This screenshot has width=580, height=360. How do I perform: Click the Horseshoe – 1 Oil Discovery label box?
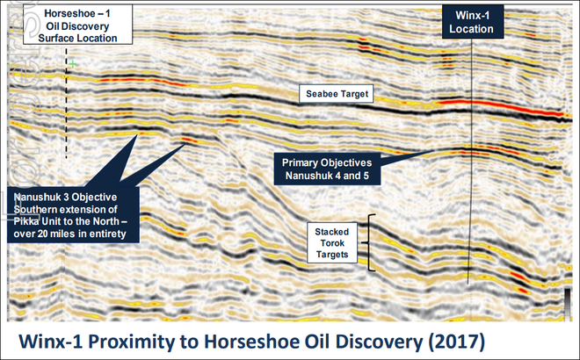pyautogui.click(x=77, y=25)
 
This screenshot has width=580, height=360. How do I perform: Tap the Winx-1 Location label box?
pyautogui.click(x=473, y=22)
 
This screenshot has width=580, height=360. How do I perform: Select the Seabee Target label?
pyautogui.click(x=337, y=94)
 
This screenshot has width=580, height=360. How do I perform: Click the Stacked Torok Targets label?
pyautogui.click(x=332, y=243)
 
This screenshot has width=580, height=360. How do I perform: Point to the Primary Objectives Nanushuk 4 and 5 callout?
pyautogui.click(x=327, y=169)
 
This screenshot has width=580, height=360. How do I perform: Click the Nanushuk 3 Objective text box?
pyautogui.click(x=73, y=215)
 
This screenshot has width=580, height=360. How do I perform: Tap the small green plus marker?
pyautogui.click(x=73, y=64)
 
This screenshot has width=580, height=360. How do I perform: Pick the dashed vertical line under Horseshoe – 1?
pyautogui.click(x=67, y=104)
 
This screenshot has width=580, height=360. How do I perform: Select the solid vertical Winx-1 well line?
pyautogui.click(x=470, y=162)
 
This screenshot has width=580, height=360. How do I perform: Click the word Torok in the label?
pyautogui.click(x=332, y=243)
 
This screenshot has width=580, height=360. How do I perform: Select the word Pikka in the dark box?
pyautogui.click(x=25, y=221)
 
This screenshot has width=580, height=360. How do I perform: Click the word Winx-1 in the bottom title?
pyautogui.click(x=52, y=342)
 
